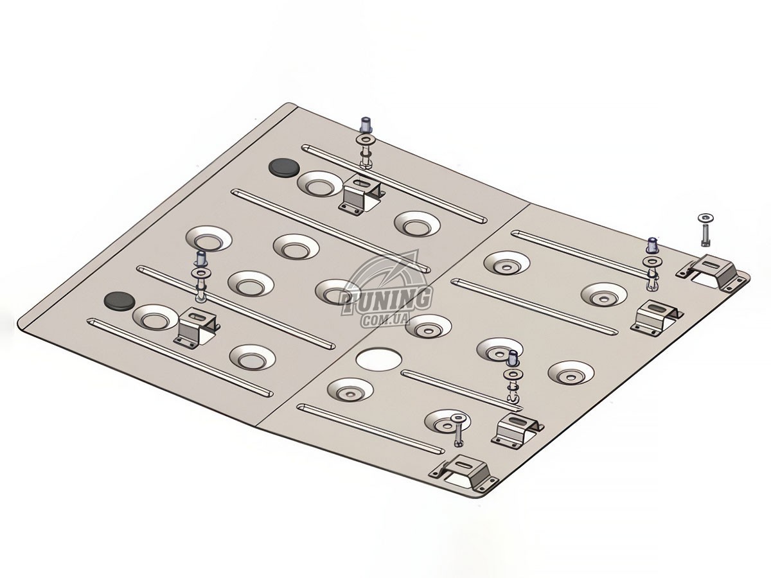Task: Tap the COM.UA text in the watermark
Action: pyautogui.click(x=385, y=320)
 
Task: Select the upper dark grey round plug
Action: pyautogui.click(x=284, y=167)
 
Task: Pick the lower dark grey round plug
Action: pyautogui.click(x=120, y=301)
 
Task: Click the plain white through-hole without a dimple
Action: pyautogui.click(x=378, y=359)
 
